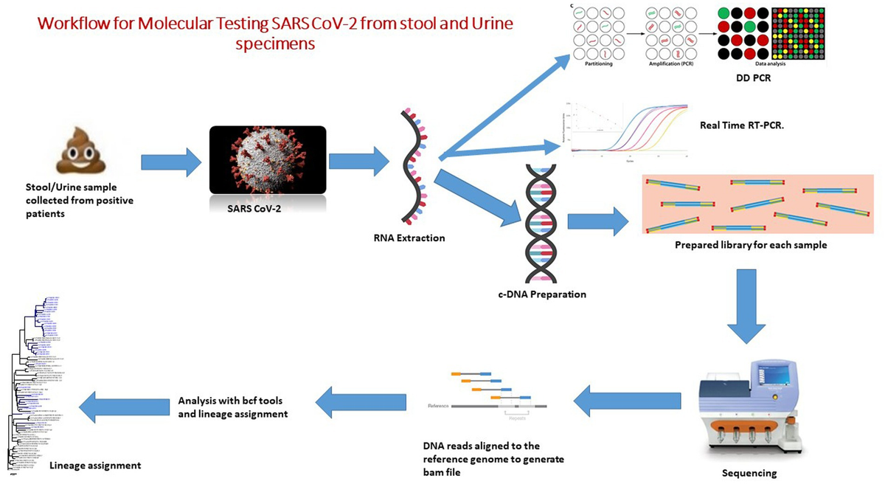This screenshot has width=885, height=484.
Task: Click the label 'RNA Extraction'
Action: tap(415, 238)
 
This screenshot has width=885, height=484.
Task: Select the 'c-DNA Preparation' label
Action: tap(541, 294)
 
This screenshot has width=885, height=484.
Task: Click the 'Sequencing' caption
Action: tap(749, 473)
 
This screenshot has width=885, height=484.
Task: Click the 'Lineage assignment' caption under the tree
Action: tap(94, 466)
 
